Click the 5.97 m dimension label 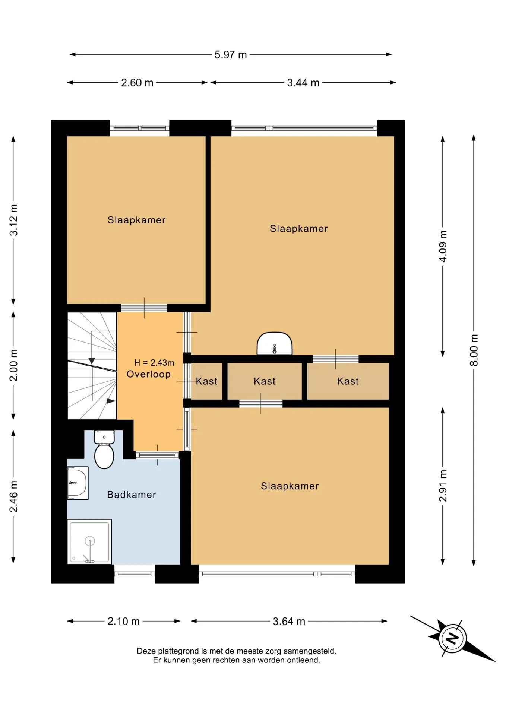click(231, 55)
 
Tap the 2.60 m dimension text click(137, 83)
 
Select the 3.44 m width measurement click(303, 83)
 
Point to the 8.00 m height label click(474, 350)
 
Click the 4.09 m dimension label click(443, 246)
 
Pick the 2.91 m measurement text click(443, 486)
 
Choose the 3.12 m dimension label click(13, 220)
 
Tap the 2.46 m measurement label click(13, 496)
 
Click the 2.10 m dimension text click(124, 621)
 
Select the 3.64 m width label click(289, 621)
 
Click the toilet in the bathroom click(104, 449)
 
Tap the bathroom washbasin click(78, 483)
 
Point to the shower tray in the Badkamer click(89, 542)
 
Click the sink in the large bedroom click(275, 343)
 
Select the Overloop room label click(149, 374)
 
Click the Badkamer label click(132, 495)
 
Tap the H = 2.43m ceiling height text click(154, 362)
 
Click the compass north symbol click(452, 638)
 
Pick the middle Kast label click(265, 381)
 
